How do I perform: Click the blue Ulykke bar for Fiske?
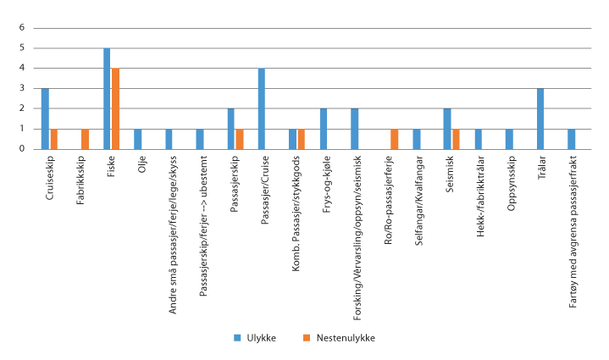point(107,98)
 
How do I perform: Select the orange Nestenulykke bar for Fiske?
point(115,108)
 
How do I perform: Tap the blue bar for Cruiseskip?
point(45,119)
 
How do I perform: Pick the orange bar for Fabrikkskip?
point(85,139)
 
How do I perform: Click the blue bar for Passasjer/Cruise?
point(262,108)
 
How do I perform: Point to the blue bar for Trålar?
point(540,119)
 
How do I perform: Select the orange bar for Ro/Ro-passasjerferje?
point(394,139)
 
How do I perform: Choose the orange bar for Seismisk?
point(457,139)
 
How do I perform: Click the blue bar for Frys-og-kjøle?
point(324,129)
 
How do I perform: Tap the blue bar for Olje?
point(138,139)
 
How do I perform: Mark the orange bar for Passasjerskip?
point(240,139)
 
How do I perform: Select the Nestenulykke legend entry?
point(326,338)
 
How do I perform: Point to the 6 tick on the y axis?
point(23,27)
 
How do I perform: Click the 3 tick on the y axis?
point(23,88)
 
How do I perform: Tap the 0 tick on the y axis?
point(23,149)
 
